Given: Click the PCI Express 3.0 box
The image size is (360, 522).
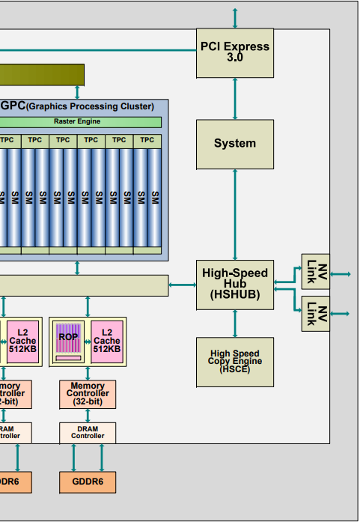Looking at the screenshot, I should pos(234,52).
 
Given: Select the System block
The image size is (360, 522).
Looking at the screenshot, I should pos(234,144).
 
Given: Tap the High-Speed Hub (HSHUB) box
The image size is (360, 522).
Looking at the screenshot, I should pos(234,284).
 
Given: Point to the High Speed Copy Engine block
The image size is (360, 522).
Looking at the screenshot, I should pos(234,362).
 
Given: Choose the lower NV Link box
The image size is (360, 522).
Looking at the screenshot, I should pos(315,313).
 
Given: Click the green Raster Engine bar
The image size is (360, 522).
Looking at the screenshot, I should pos(77,121).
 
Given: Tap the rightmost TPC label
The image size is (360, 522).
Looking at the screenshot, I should pos(147,140).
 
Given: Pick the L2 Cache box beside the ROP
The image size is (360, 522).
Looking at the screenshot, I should pos(106,341).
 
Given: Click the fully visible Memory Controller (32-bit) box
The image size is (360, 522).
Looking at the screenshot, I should pos(88,394).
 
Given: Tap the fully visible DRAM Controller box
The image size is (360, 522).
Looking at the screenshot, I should pos(88,433).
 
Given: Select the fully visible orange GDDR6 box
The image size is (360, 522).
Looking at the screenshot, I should pos(88,482).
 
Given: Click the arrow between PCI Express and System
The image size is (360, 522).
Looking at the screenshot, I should pos(235,98).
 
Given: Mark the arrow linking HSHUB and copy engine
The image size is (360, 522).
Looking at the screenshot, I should pos(235,322).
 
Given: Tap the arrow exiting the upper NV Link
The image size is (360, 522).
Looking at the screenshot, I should pos(340,275).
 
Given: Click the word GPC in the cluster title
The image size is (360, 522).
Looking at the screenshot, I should pos(13,106).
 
